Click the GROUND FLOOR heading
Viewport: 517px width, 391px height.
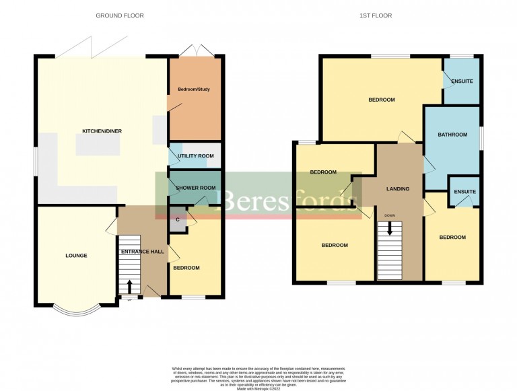click(119, 15)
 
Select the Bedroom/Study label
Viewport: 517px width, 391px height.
click(195, 90)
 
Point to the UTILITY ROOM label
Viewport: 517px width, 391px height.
click(195, 156)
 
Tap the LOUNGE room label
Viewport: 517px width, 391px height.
click(75, 256)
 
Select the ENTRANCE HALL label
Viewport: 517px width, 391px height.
click(142, 252)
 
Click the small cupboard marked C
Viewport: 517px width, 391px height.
click(178, 219)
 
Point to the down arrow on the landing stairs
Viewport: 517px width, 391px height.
click(389, 228)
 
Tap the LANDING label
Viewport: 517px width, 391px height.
click(397, 189)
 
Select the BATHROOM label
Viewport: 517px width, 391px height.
click(452, 135)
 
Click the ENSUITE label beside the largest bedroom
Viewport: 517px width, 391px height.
click(462, 81)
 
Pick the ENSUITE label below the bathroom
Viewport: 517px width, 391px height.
click(464, 192)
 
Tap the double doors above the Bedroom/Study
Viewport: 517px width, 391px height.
click(195, 50)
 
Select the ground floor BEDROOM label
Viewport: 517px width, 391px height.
click(186, 268)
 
